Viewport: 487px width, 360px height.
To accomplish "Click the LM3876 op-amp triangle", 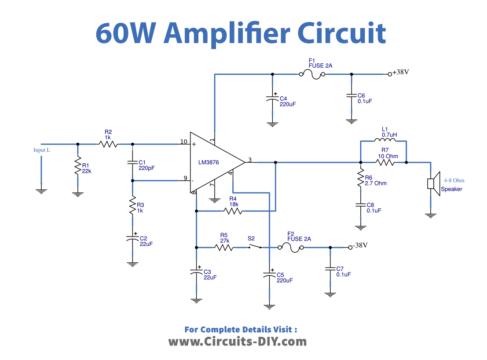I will coord(219,161).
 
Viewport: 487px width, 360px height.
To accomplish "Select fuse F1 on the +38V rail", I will coord(311,73).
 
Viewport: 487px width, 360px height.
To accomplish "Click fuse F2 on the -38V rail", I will coord(291,245).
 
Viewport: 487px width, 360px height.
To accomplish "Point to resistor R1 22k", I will coord(76,166).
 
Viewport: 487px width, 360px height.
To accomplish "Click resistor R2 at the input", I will coord(108,143).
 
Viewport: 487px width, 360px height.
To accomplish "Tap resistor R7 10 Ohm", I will coord(384,161).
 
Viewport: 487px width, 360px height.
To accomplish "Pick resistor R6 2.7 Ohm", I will coord(357,180).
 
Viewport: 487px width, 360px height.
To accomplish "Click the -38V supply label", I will coord(359,245).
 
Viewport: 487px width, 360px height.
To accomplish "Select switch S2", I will coord(252,245).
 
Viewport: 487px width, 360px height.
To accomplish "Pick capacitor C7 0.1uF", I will coord(328,269).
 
